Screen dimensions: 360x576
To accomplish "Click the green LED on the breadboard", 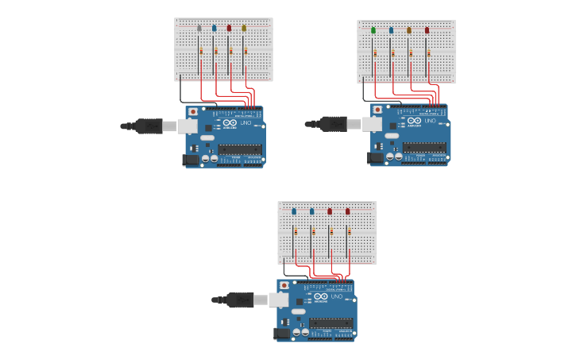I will pyautogui.click(x=373, y=30).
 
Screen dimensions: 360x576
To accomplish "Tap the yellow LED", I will pyautogui.click(x=244, y=28).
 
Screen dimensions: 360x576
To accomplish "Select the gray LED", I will pyautogui.click(x=199, y=28).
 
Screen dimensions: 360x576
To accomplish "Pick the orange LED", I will pyautogui.click(x=409, y=30).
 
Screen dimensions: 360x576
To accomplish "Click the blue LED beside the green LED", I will pyautogui.click(x=391, y=30).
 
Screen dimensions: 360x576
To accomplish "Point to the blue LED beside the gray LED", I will pyautogui.click(x=214, y=28).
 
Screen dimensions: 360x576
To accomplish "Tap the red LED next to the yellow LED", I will pyautogui.click(x=229, y=28).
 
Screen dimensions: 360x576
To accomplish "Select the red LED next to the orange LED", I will pyautogui.click(x=427, y=30).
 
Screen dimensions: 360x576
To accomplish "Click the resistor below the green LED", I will pyautogui.click(x=375, y=53).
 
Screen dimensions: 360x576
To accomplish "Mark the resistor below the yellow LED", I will pyautogui.click(x=245, y=51).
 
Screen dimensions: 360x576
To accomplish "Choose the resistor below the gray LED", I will pyautogui.click(x=201, y=51).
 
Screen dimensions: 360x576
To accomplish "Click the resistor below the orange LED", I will pyautogui.click(x=411, y=53).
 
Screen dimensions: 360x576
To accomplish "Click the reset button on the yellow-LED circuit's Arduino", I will pyautogui.click(x=193, y=112).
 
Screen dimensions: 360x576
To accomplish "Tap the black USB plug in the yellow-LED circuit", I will pyautogui.click(x=149, y=126).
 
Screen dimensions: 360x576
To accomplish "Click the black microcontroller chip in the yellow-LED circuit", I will pyautogui.click(x=240, y=149).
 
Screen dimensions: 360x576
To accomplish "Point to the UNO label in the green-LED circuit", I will pyautogui.click(x=430, y=121).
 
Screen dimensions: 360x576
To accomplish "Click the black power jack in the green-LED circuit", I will pyautogui.click(x=374, y=157).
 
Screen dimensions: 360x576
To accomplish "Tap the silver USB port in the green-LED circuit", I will pyautogui.click(x=372, y=124).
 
